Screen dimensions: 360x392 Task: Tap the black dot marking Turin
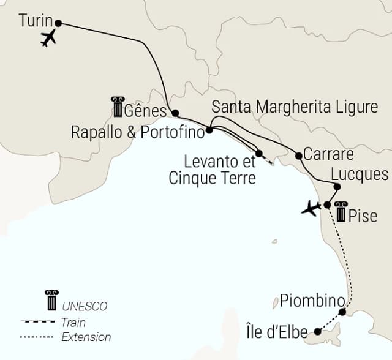pyautogui.click(x=59, y=23)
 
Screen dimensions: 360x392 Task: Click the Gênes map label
pyautogui.click(x=145, y=111)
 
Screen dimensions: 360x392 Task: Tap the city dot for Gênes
pyautogui.click(x=175, y=113)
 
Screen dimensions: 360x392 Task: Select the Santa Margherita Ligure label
pyautogui.click(x=295, y=107)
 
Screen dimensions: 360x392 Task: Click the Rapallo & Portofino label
pyautogui.click(x=137, y=132)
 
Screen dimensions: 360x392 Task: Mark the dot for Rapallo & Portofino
pyautogui.click(x=209, y=130)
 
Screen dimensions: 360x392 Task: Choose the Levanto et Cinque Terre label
pyautogui.click(x=221, y=170)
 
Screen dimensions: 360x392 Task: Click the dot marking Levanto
pyautogui.click(x=259, y=153)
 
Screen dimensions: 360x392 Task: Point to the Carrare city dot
pyautogui.click(x=299, y=155)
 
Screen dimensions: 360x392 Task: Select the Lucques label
pyautogui.click(x=360, y=173)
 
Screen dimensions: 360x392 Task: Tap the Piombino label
pyautogui.click(x=312, y=301)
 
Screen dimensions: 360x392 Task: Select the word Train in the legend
pyautogui.click(x=73, y=322)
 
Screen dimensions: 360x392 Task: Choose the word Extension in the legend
pyautogui.click(x=86, y=337)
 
